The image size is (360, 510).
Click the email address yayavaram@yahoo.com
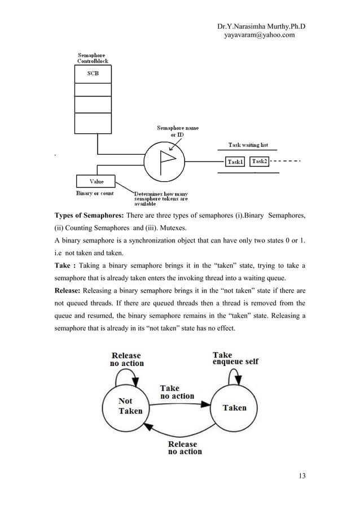click(x=260, y=35)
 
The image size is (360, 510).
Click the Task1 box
click(x=235, y=162)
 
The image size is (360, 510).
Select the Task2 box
click(x=260, y=162)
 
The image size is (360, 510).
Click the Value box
click(x=96, y=181)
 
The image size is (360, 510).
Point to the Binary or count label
click(x=95, y=193)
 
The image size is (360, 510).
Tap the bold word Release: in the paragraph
click(x=71, y=292)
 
